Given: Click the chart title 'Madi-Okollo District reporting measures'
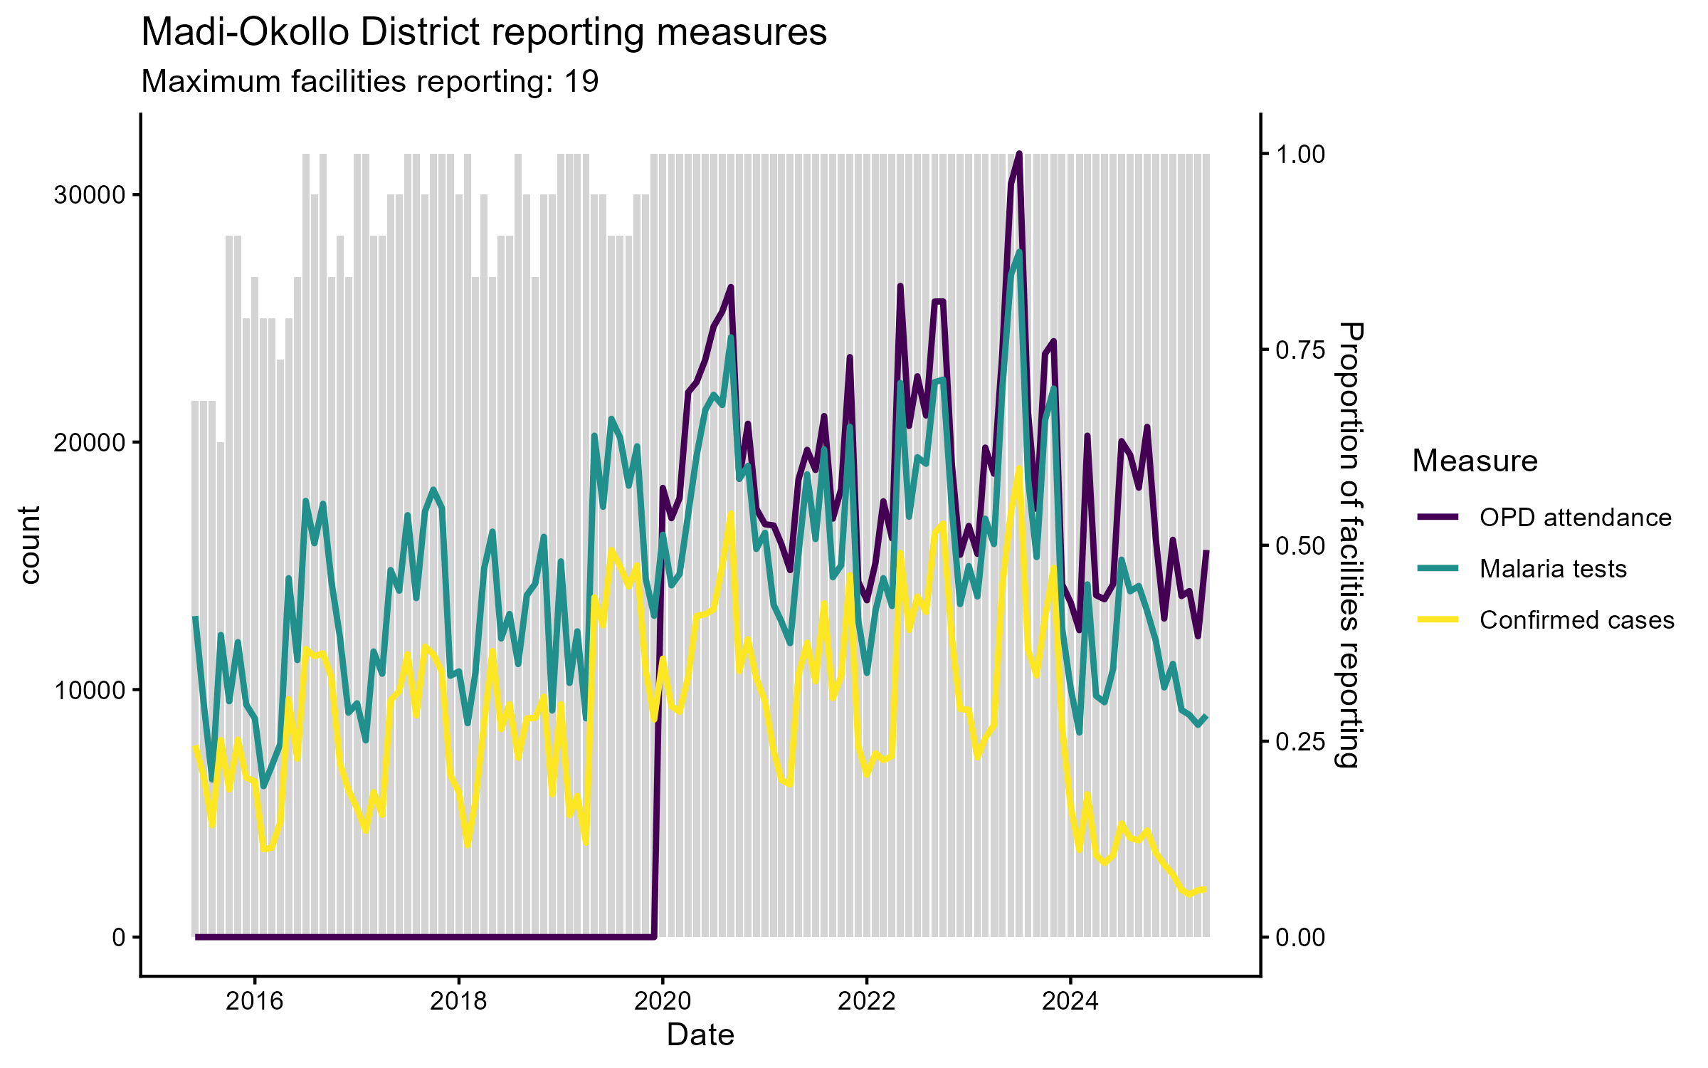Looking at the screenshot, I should [x=484, y=33].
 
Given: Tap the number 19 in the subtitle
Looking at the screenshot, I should [x=581, y=82].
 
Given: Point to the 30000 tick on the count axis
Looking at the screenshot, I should [x=90, y=195].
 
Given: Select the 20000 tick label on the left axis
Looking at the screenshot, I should [x=90, y=442].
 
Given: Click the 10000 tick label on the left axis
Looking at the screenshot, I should [x=90, y=690].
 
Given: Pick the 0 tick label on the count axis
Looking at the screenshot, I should [x=119, y=937].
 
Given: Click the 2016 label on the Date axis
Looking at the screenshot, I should [x=255, y=1002].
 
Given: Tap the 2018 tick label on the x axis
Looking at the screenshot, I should [x=459, y=1002].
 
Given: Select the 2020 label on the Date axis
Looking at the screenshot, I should [x=663, y=1002].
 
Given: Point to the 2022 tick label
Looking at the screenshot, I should [x=866, y=1002].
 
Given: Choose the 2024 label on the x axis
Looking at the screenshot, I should [x=1070, y=1002].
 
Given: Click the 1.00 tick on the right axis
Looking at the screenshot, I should [x=1300, y=155].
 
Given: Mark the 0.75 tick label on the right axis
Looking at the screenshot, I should [x=1300, y=350].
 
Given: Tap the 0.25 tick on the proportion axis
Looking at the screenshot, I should [x=1300, y=742].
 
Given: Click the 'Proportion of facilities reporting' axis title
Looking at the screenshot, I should [x=1349, y=545].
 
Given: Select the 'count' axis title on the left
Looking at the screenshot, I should [x=30, y=545].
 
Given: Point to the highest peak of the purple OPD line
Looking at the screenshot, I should [x=1019, y=154].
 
